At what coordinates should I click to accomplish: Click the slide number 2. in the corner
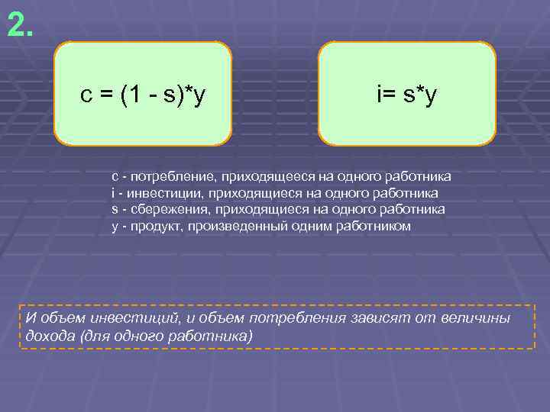(20, 25)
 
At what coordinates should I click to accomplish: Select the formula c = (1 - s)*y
(144, 95)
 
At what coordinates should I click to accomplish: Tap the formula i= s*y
(406, 95)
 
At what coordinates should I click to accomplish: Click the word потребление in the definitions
(166, 176)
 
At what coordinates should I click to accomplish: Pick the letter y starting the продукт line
(115, 227)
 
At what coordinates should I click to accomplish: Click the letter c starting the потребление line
(115, 177)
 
